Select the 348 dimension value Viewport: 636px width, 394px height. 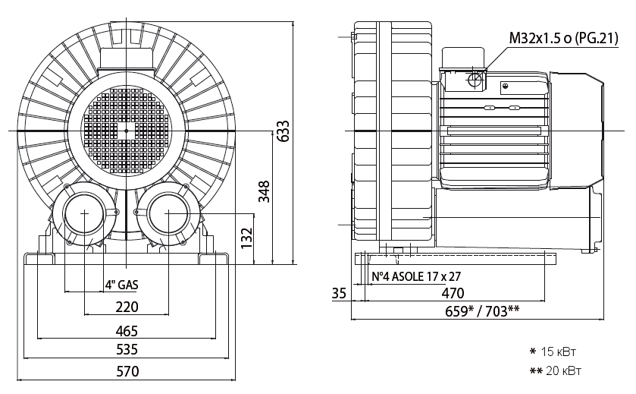(x=263, y=193)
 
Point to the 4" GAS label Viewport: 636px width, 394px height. (x=121, y=285)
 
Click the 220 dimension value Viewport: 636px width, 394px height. (x=127, y=307)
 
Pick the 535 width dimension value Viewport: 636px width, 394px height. (x=127, y=350)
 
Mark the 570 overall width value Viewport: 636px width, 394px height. (x=127, y=372)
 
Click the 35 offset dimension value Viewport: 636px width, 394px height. (x=339, y=292)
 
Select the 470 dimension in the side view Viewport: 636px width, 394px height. (x=453, y=292)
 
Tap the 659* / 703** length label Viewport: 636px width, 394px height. (x=481, y=311)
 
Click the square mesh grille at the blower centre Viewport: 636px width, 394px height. (x=126, y=131)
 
